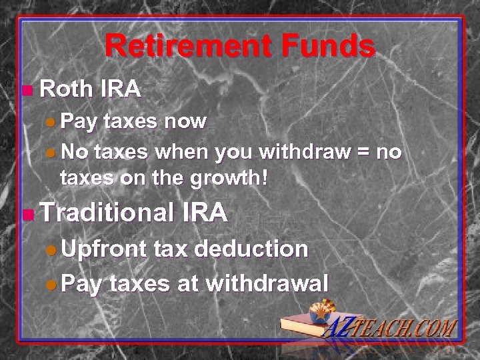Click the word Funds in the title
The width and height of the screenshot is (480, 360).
(324, 47)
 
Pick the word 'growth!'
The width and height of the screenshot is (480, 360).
(234, 179)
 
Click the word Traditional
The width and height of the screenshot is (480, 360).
(105, 213)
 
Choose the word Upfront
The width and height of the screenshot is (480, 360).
(104, 250)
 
